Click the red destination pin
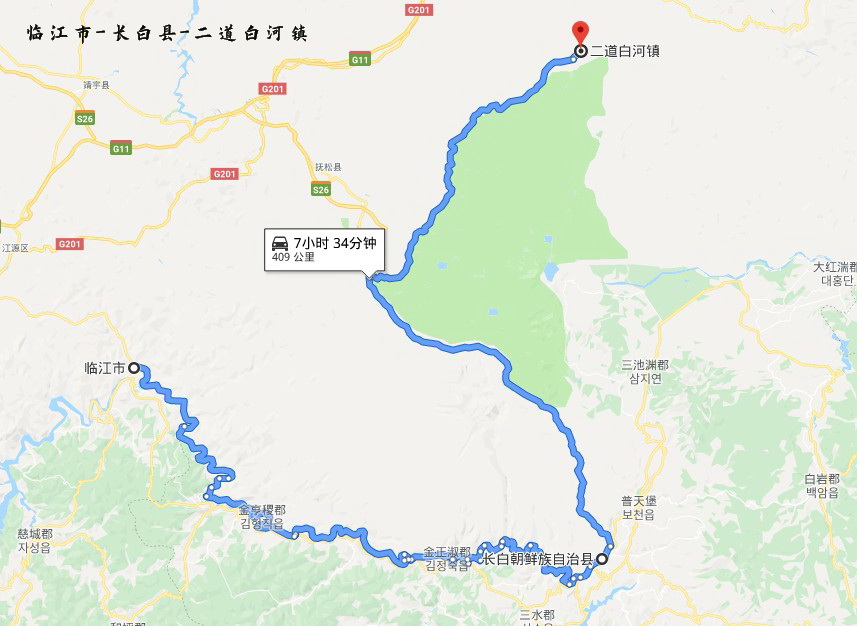pos(580,32)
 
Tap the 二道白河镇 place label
pos(625,50)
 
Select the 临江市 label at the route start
pos(105,368)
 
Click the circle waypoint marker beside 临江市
pos(134,368)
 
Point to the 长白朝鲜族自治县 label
pos(538,560)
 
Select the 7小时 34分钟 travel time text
pos(333,242)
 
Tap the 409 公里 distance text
pos(293,257)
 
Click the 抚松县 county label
pos(328,167)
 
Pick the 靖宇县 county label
pos(96,86)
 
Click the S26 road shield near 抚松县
pos(320,190)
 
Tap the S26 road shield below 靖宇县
pos(85,118)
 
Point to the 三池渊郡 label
pos(645,365)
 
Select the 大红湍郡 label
pos(835,268)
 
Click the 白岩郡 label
pos(825,479)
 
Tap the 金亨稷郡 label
pos(262,509)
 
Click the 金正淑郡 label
pos(447,552)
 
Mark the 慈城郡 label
pos(35,534)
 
